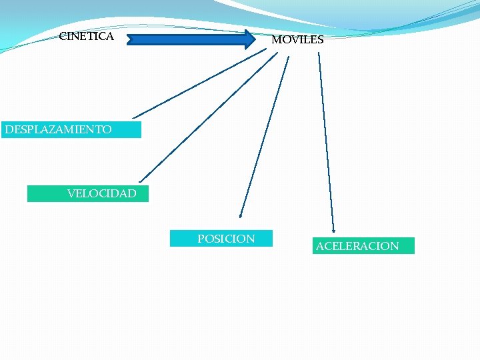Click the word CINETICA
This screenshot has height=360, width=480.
[86, 37]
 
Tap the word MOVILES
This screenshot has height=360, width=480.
[297, 40]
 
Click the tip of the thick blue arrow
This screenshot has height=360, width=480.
[253, 39]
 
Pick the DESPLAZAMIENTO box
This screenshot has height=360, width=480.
[71, 129]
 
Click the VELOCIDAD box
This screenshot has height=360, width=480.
[88, 193]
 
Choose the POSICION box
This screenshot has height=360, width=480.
[221, 239]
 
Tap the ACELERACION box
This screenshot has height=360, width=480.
[363, 246]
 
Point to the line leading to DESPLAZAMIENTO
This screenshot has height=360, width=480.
[200, 85]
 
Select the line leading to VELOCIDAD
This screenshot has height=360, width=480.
[207, 117]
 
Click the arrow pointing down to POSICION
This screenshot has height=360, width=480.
[265, 133]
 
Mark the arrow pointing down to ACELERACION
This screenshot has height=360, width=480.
[326, 140]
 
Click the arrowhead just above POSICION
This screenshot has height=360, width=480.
[241, 215]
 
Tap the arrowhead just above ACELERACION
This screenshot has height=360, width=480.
[333, 229]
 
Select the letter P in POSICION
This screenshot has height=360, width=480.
[201, 239]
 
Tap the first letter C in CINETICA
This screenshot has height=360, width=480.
[63, 37]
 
